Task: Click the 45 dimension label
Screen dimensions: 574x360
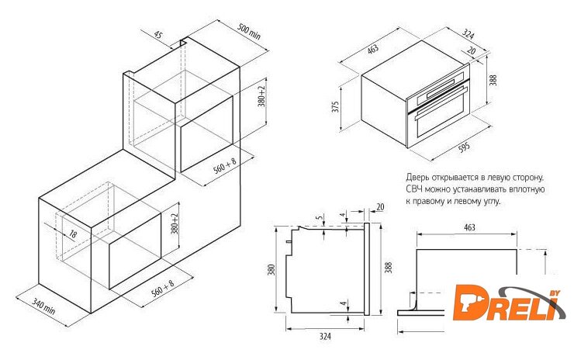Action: coord(157,35)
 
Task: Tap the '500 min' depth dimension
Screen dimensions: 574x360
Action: coord(249,32)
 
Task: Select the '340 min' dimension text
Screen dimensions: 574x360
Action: coord(43,306)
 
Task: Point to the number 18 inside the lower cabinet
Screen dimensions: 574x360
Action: coord(73,234)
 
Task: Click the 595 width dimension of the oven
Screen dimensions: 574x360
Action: coord(464,147)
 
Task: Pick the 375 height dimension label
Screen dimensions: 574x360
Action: coord(336,106)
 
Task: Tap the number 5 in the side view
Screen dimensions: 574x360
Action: coord(321,217)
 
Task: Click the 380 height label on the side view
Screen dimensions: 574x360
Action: coord(271,271)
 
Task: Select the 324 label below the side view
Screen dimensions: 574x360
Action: coord(325,336)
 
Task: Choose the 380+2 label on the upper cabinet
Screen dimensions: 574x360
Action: coord(261,97)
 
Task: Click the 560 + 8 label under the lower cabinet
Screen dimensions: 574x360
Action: coord(163,288)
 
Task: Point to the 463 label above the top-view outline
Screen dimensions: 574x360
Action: coord(469,227)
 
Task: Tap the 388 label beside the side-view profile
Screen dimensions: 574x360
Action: coord(389,268)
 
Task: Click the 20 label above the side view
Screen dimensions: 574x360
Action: coord(380,207)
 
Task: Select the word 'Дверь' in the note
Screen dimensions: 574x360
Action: coord(417,177)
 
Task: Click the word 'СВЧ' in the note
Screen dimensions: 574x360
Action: coord(414,189)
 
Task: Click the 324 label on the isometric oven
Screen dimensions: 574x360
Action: coord(468,34)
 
